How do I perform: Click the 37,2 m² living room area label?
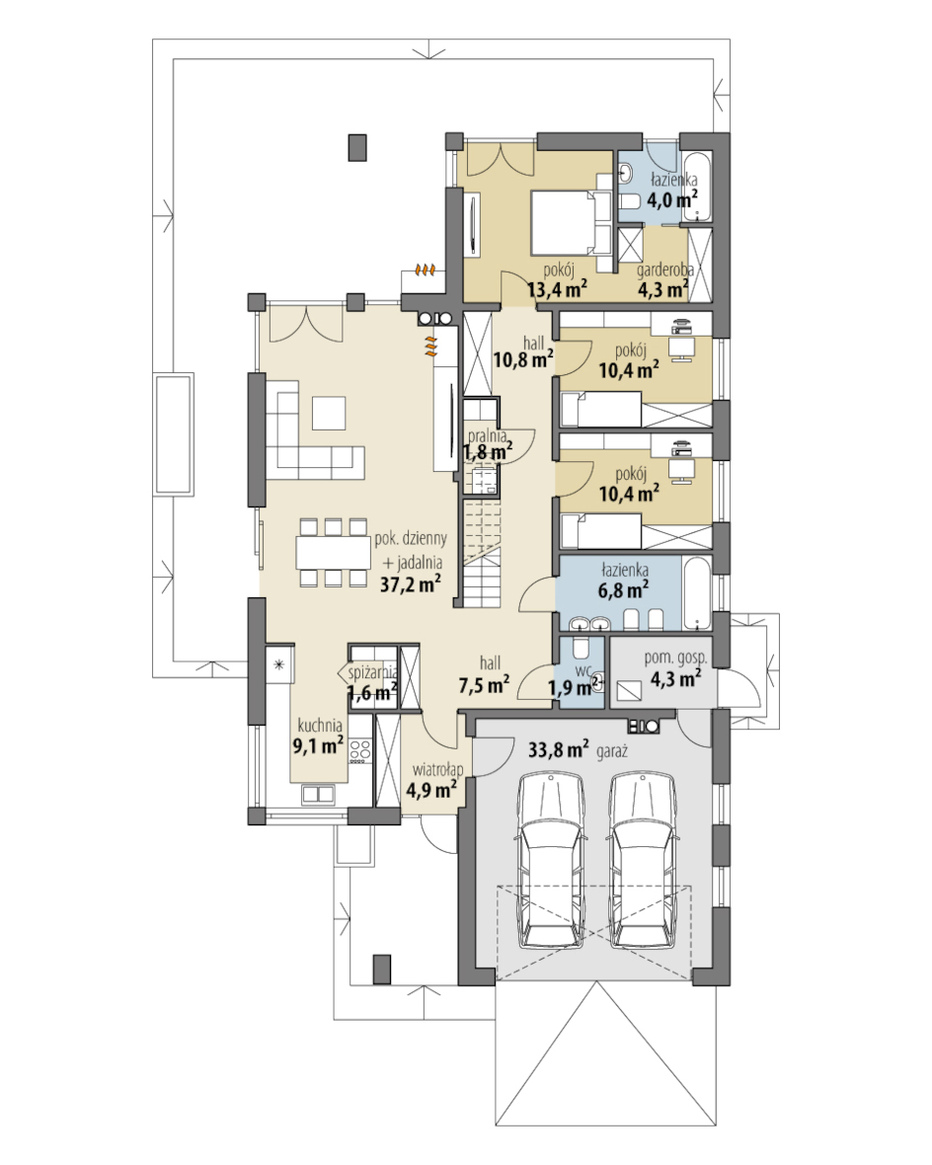point(411,584)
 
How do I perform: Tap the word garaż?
point(612,752)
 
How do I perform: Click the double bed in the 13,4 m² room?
point(571,222)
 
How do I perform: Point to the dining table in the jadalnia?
point(334,552)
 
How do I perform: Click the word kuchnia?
point(320,725)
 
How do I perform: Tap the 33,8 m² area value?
point(559,749)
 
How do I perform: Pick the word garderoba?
point(665,270)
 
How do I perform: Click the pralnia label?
point(487,435)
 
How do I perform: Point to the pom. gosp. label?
point(675,659)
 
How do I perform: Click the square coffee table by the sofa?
point(329,413)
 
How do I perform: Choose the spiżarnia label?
point(373,673)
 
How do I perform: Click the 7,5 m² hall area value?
point(484,684)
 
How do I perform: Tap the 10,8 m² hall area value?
point(523,360)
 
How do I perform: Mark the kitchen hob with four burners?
point(359,750)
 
